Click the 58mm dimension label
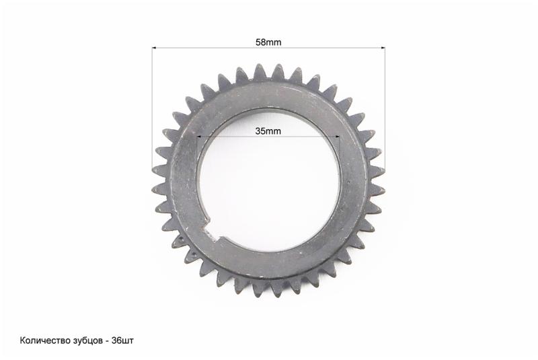(x=268, y=42)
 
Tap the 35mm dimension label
(x=268, y=131)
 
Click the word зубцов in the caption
(x=87, y=340)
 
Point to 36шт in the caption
(x=122, y=340)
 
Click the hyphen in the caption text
(x=107, y=341)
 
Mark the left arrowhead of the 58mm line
(x=154, y=48)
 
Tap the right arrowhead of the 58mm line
(x=382, y=48)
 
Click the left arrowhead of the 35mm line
(x=199, y=137)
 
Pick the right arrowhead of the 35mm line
(x=337, y=137)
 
